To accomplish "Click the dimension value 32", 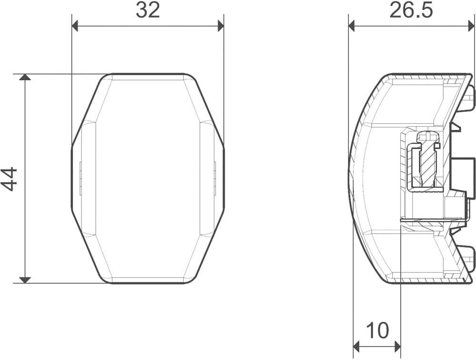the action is tap(148, 10).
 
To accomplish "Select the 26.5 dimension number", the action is tap(411, 10).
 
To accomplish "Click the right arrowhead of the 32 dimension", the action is tap(221, 26).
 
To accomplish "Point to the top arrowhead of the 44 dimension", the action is tap(25, 77).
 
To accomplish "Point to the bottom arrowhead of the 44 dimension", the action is tap(25, 280).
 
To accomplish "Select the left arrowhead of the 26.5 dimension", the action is tap(352, 26).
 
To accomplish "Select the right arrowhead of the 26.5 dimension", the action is tap(471, 26).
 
